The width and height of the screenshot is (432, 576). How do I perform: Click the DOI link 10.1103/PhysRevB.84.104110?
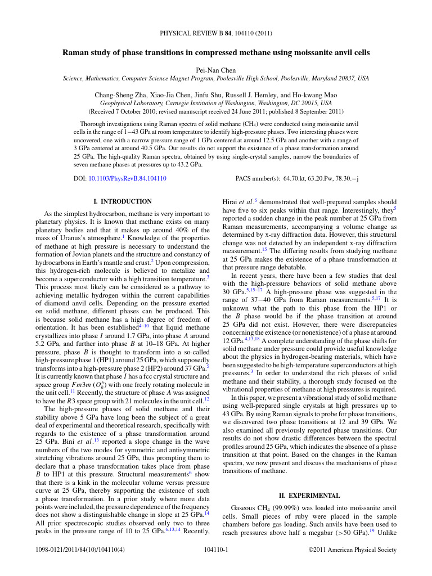[127, 178]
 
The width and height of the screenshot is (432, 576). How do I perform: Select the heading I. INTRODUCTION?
[122, 201]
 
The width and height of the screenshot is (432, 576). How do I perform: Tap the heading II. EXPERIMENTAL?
[309, 496]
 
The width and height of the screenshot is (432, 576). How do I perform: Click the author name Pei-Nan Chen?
[215, 70]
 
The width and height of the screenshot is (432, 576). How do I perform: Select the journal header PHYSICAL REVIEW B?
[190, 33]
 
